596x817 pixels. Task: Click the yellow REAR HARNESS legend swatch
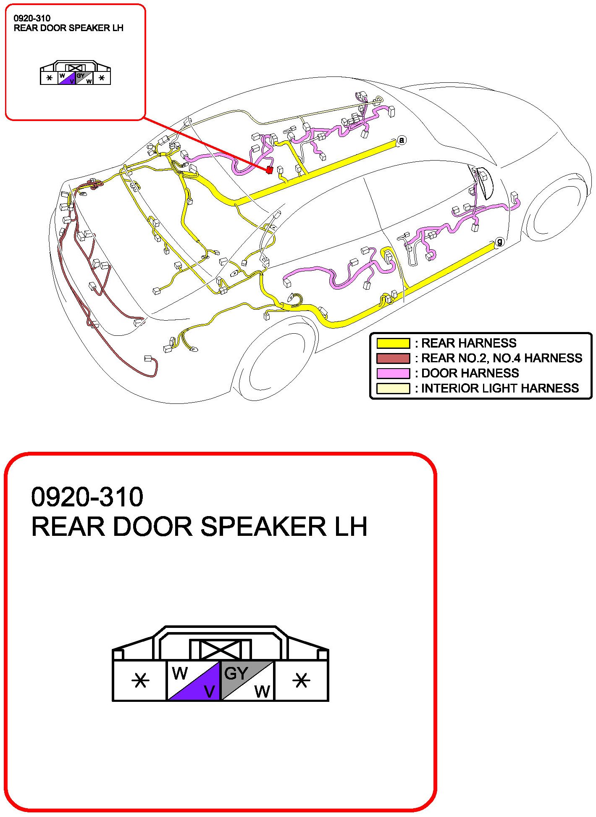[393, 343]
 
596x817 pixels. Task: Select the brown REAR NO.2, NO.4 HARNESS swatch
[393, 358]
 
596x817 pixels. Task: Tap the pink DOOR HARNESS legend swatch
[393, 373]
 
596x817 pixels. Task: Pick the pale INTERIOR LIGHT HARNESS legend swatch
[393, 388]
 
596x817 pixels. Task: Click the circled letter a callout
[402, 140]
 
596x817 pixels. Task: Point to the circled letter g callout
[499, 242]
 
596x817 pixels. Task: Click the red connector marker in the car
[270, 170]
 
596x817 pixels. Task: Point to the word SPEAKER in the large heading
[263, 527]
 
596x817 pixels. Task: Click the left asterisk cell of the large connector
[140, 680]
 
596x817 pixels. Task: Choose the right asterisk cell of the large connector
[301, 680]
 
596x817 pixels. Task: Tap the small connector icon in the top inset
[76, 74]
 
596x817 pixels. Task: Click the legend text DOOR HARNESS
[470, 373]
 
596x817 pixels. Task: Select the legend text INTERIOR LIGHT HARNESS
[500, 388]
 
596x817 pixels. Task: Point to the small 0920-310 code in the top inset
[32, 18]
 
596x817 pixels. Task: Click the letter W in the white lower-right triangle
[262, 691]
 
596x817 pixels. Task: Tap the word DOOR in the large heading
[152, 527]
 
